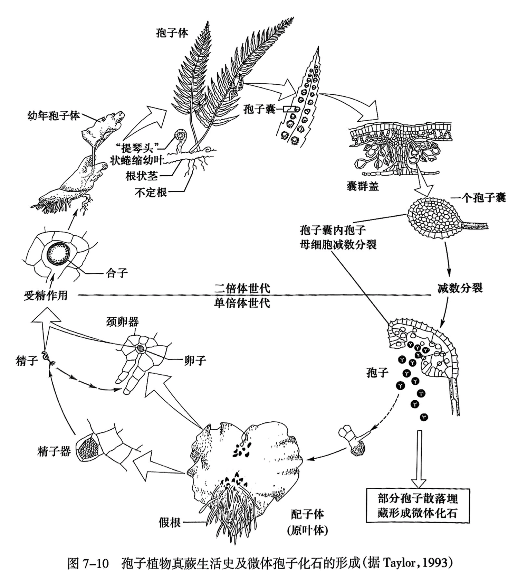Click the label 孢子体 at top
172,33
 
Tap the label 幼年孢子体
53,115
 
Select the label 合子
116,273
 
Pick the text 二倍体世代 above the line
242,288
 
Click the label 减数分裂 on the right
459,288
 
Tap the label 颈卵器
123,322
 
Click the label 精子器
54,451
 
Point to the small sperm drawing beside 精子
47,358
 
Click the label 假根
170,522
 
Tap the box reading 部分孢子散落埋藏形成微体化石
418,506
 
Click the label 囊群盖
363,186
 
